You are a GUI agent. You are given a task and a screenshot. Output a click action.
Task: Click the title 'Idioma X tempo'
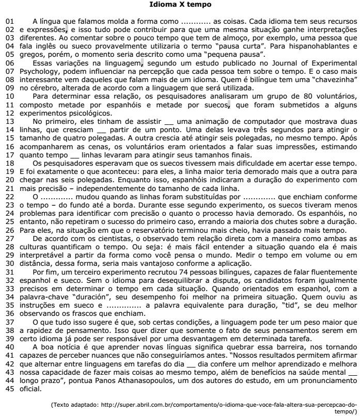point(180,5)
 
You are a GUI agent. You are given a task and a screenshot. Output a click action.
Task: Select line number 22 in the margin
point(9,197)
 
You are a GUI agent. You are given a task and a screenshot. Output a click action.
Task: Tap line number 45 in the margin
point(9,375)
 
